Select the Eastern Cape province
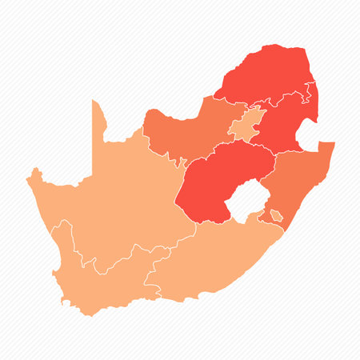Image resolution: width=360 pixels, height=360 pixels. [x=216, y=256]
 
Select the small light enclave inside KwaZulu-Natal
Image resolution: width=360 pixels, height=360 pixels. [x=275, y=215]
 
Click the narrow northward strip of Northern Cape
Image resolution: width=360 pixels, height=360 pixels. [x=98, y=120]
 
